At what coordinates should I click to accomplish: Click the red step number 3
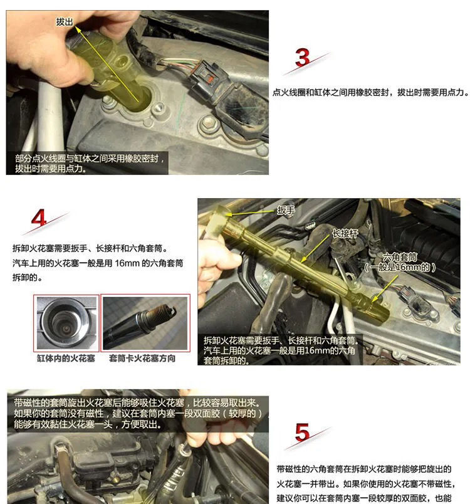[x=302, y=57]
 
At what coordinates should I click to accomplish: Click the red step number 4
[x=39, y=218]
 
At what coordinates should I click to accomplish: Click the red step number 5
[x=302, y=433]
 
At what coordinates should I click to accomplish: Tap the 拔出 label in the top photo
[x=65, y=22]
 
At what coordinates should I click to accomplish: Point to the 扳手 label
[x=286, y=211]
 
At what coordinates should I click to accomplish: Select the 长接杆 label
[x=345, y=233]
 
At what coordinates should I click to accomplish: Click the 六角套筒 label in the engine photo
[x=400, y=257]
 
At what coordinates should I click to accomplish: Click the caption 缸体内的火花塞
[x=66, y=359]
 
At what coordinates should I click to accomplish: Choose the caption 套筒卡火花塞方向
[x=142, y=359]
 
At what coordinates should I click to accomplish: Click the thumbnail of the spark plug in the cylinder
[x=66, y=323]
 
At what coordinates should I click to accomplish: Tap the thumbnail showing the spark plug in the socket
[x=145, y=323]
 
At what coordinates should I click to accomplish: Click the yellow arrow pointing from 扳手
[x=250, y=213]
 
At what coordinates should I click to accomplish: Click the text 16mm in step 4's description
[x=127, y=263]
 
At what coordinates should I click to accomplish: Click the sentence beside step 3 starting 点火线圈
[x=371, y=93]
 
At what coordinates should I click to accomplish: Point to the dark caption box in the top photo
[x=87, y=163]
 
